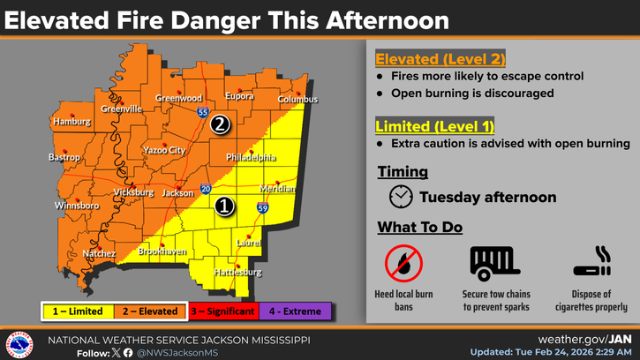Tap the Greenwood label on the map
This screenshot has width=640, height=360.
[179, 98]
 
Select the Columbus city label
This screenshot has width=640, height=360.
[297, 100]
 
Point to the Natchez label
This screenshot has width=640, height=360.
[99, 253]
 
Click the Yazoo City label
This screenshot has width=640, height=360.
[164, 150]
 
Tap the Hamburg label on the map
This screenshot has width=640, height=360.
[72, 121]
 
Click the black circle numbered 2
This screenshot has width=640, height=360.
[220, 124]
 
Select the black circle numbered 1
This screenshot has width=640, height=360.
[224, 206]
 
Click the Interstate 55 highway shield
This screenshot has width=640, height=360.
[203, 113]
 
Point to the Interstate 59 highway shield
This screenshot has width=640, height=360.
[263, 207]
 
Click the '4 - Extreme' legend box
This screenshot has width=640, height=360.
[296, 311]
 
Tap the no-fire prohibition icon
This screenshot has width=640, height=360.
[403, 263]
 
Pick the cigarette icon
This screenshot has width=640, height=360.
[592, 263]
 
